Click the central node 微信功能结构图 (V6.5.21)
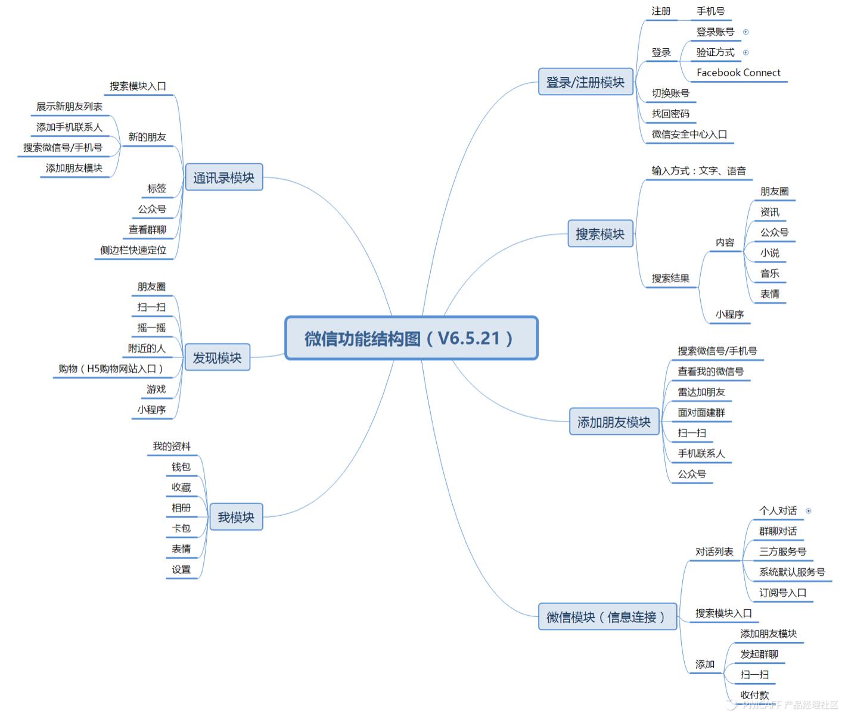pos(411,338)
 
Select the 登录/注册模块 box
pos(585,82)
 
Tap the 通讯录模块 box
pos(223,177)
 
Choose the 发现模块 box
pos(217,357)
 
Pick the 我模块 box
pos(235,517)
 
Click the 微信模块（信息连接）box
pos(607,617)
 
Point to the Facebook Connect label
pos(738,73)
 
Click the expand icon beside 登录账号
pos(745,32)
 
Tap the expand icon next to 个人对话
pos(809,511)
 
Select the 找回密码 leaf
pos(670,114)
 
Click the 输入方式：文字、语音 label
pos(698,171)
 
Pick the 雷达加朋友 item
pos(701,392)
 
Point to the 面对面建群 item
pos(701,413)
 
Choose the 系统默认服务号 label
pos(792,572)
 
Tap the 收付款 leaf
pos(754,695)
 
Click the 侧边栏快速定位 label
pos(133,250)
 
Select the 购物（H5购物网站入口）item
pos(111,369)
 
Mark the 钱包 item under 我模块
pos(181,467)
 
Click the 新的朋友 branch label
pos(147,137)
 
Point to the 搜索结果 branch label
pos(670,278)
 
